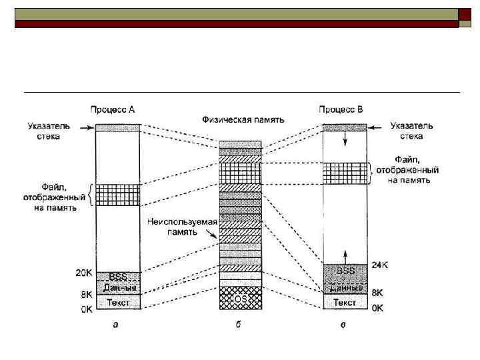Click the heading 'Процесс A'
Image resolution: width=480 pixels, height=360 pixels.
coord(113,110)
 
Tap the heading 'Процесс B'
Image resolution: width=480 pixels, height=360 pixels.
coord(341,110)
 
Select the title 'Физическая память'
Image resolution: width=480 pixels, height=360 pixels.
coord(243,120)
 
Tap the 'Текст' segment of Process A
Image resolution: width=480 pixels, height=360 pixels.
coord(117,302)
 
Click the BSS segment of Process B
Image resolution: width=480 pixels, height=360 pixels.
coord(345,271)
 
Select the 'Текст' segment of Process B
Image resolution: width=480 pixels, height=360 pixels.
coord(345,302)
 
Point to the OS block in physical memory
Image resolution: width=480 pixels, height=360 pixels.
coord(241,299)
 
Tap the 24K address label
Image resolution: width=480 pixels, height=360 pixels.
coord(379,265)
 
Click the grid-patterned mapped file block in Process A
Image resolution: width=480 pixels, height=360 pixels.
coord(117,195)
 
